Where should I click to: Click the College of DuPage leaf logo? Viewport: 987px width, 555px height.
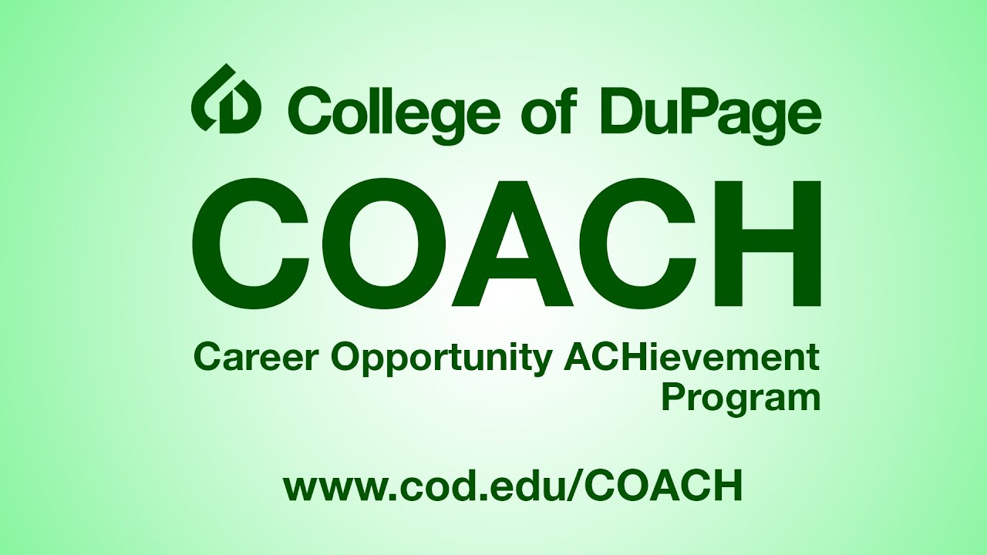[226, 98]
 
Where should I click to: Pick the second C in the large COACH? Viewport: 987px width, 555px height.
[636, 243]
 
